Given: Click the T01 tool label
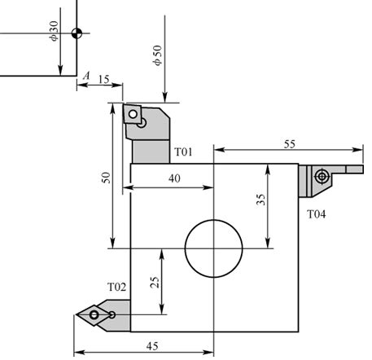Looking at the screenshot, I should [x=183, y=152].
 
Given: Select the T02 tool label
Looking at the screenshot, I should [x=117, y=287].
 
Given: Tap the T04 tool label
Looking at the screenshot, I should [x=317, y=214].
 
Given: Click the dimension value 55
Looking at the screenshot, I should [x=290, y=143].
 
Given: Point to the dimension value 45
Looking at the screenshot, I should [x=151, y=346].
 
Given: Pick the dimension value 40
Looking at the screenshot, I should [x=174, y=178].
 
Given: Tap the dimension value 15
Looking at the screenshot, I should [x=103, y=78].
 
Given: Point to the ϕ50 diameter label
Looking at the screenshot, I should [x=156, y=55].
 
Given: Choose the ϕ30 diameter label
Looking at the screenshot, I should [x=54, y=33].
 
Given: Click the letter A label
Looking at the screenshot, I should [x=85, y=76].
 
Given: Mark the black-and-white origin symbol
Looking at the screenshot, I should [x=77, y=33].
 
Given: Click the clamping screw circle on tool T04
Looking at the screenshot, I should [x=323, y=175].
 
